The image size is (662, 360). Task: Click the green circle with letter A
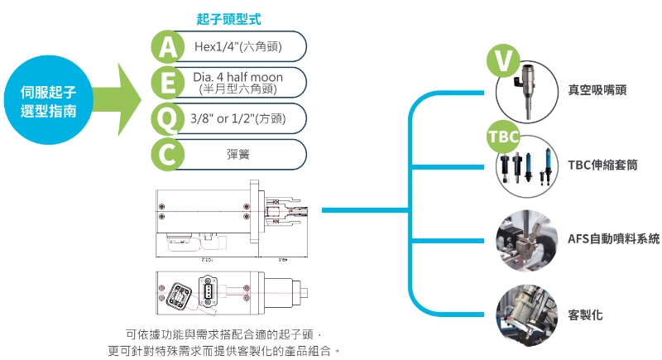pos(168,47)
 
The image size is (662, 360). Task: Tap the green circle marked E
pos(168,83)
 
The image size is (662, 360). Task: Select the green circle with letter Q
pos(168,118)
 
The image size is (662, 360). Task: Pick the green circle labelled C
pos(168,154)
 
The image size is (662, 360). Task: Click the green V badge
pos(503,60)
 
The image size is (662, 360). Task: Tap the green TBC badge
pos(503,136)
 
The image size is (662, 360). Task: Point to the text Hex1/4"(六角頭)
pos(236,47)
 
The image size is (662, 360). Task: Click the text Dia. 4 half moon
pos(237,77)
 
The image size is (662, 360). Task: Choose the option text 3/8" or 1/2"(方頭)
pos(237,118)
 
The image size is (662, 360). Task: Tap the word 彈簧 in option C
pos(238,154)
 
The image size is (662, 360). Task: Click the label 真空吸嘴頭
pos(597,89)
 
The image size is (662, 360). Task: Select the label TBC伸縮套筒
pos(602,164)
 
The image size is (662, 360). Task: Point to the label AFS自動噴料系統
pos(613,238)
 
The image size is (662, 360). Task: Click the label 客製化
pos(585,314)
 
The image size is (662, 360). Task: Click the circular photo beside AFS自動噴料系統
pos(527,240)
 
